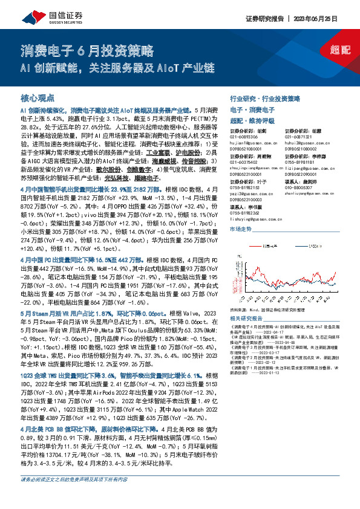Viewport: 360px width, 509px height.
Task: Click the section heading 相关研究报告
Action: [x=249, y=318]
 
